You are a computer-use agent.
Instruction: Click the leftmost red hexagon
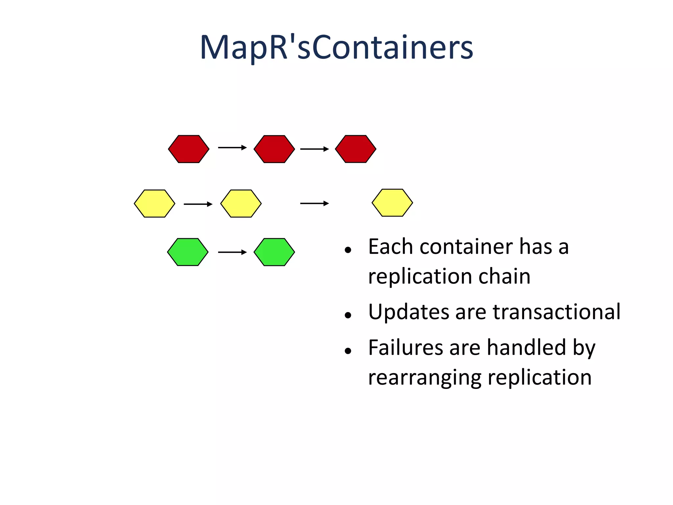189,149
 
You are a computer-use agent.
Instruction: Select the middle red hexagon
274,149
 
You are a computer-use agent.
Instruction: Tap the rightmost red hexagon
356,149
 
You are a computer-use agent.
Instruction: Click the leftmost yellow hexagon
154,204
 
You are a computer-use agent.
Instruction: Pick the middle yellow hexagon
241,204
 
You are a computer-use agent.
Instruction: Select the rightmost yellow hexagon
392,203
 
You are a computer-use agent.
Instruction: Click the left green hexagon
188,252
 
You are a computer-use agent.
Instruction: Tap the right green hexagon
274,252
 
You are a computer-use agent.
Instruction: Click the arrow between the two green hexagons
232,252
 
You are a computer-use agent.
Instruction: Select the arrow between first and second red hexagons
232,148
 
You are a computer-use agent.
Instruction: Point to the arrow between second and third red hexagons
314,149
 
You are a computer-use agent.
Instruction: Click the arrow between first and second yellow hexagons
198,204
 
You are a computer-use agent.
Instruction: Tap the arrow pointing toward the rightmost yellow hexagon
314,204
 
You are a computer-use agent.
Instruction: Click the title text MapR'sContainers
336,48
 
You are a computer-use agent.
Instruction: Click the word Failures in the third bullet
406,348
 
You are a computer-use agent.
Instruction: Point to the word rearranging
425,378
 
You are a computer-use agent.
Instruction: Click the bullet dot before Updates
348,316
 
